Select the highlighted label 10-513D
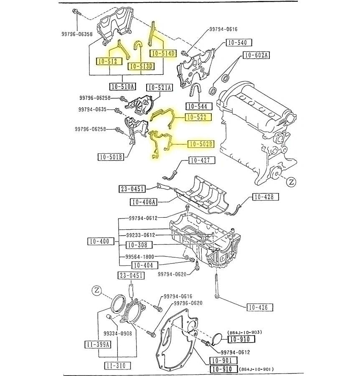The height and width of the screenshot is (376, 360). coord(141,66)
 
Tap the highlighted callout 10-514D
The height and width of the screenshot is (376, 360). coord(163,53)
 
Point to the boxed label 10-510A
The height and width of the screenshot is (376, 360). coord(122,86)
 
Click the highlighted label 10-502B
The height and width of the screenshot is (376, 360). coord(200,145)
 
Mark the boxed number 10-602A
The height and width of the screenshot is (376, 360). coord(256,55)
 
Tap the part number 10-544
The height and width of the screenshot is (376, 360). coord(197,106)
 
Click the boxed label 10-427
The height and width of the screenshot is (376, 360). coord(202,160)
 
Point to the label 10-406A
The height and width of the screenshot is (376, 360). coord(143,202)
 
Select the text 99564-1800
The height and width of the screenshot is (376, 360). coord(140,257)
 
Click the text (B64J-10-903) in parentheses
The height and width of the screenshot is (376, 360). coord(245,332)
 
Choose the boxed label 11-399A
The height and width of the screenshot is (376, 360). coord(98,344)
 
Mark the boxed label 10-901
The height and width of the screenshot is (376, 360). coord(223,360)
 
